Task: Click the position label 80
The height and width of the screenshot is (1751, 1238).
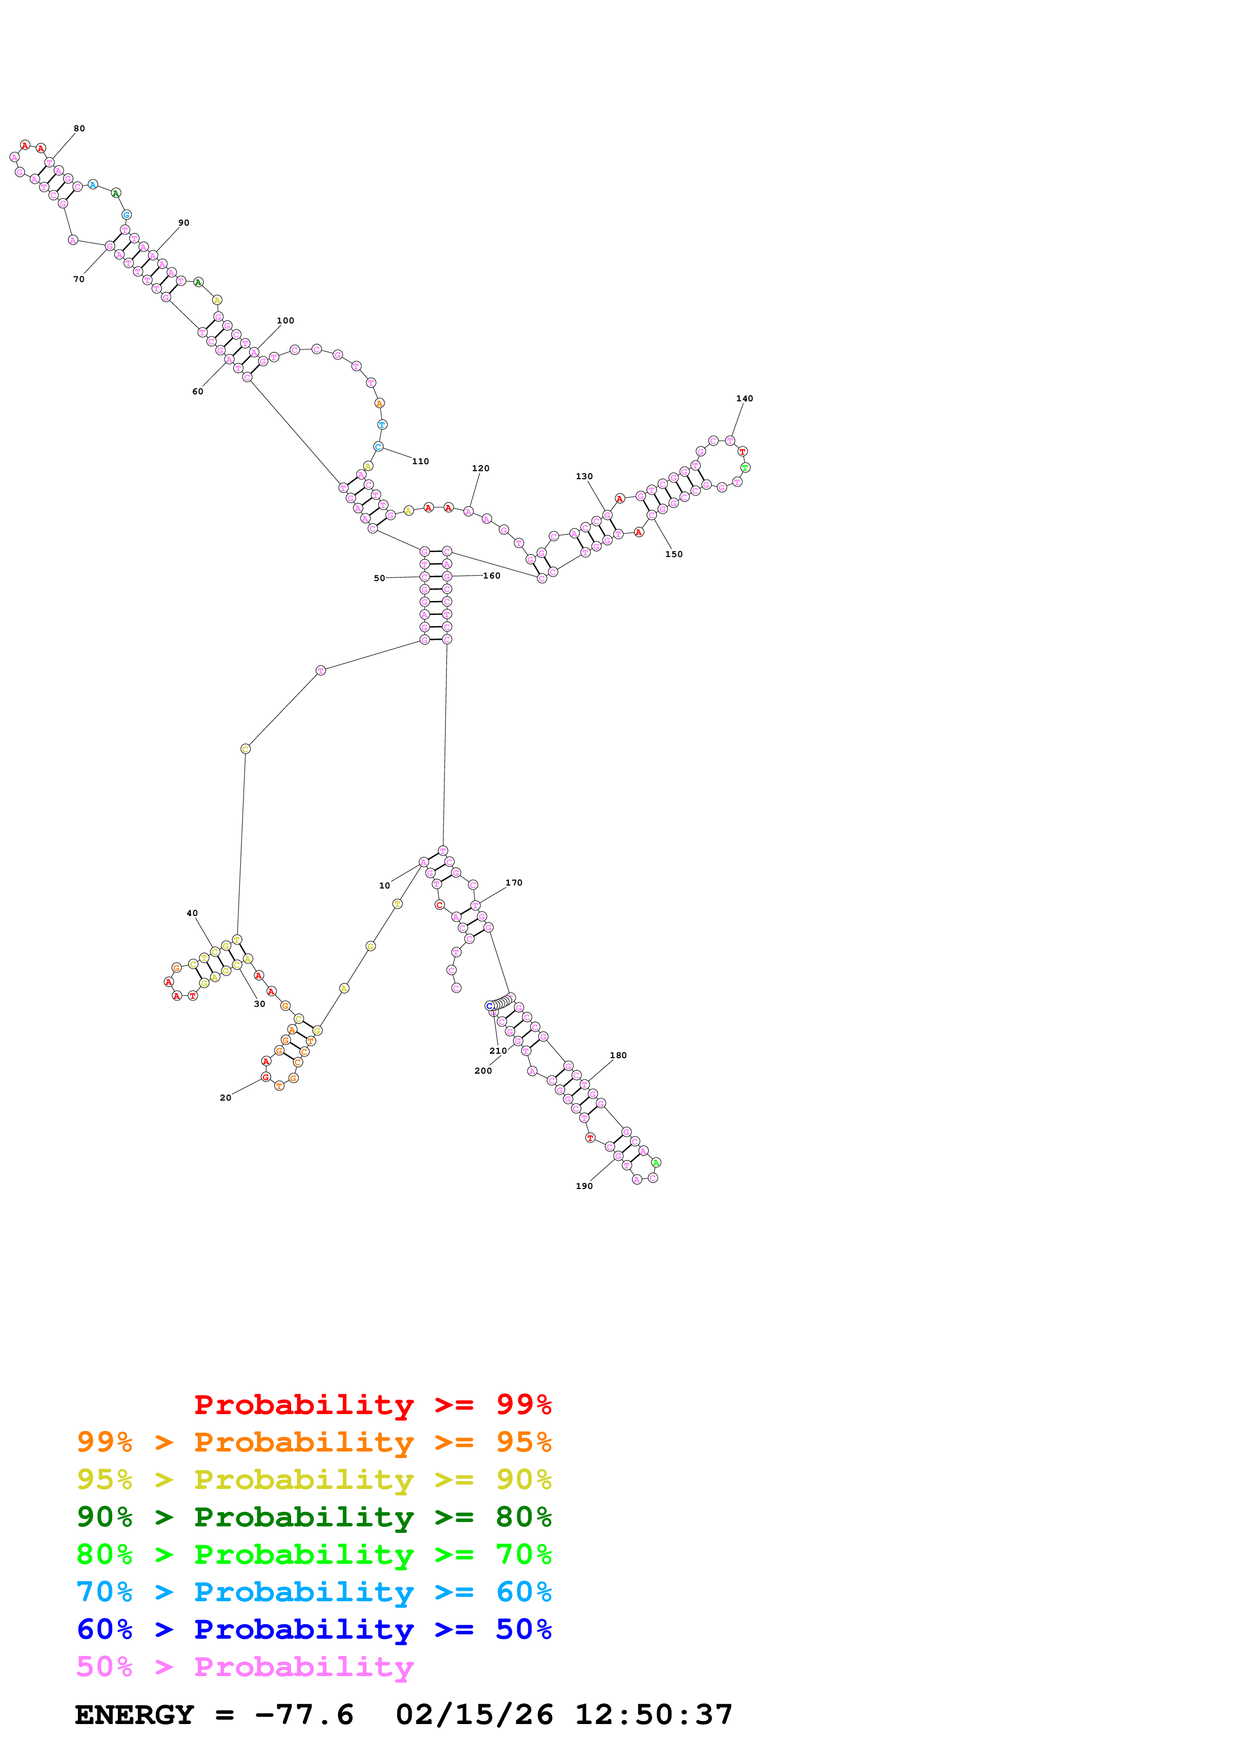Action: (79, 129)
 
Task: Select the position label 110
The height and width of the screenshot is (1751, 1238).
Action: (420, 461)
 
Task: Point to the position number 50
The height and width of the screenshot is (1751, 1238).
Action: (379, 578)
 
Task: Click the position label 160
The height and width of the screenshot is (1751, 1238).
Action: (492, 576)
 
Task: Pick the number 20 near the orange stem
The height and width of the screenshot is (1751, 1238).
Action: (225, 1098)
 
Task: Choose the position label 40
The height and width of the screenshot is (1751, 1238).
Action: (192, 913)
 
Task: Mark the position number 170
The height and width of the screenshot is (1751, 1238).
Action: (514, 882)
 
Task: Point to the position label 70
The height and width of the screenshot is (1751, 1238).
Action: (78, 279)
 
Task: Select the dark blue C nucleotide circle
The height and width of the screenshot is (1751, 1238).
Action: (490, 1006)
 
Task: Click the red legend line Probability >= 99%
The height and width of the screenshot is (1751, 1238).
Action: (372, 1404)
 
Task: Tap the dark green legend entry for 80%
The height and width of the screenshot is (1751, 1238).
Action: (314, 1516)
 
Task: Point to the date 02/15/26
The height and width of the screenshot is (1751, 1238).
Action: (474, 1715)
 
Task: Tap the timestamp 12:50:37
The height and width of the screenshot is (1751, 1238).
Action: (653, 1715)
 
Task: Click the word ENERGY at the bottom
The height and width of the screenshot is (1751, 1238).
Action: (134, 1715)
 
